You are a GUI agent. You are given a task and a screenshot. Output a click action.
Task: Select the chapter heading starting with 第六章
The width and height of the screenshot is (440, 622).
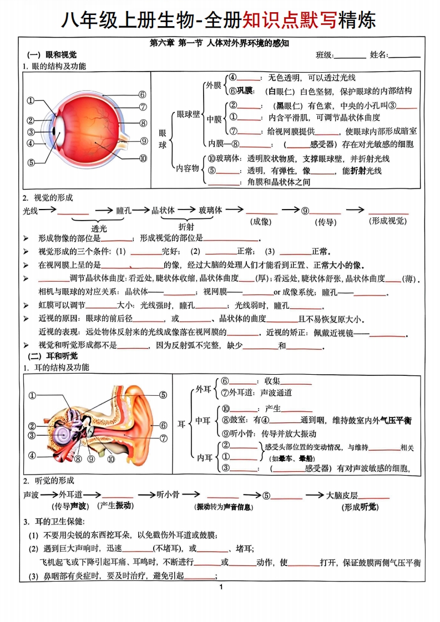tap(219, 43)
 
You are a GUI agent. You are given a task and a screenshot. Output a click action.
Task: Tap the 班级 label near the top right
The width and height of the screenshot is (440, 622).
tap(325, 55)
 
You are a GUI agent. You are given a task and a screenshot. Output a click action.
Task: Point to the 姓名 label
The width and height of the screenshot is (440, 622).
tap(378, 55)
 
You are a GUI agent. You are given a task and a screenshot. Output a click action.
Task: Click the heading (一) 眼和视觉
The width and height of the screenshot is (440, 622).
tap(52, 55)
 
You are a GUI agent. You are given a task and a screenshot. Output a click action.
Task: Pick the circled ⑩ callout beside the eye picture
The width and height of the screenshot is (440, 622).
tap(143, 159)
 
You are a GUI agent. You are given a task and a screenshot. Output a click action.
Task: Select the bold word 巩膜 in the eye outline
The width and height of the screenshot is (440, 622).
tap(245, 91)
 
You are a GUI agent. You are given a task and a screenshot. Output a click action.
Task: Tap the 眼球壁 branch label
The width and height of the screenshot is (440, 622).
tap(188, 115)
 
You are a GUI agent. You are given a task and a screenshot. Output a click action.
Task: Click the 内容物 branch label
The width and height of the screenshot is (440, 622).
tap(188, 168)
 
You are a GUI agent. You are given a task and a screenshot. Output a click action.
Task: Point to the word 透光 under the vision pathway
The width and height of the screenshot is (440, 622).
tap(99, 229)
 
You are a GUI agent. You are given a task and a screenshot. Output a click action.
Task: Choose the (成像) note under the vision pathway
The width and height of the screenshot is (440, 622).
tap(261, 222)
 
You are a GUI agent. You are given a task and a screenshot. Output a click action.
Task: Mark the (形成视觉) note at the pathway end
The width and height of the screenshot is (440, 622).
tap(388, 221)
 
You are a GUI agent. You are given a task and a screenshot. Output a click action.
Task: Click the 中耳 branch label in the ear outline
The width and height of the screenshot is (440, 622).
tap(203, 420)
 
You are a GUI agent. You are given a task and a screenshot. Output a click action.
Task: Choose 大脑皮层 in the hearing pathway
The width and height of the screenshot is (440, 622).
tap(342, 495)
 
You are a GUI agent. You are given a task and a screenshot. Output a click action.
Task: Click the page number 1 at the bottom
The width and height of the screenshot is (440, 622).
tap(221, 587)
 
